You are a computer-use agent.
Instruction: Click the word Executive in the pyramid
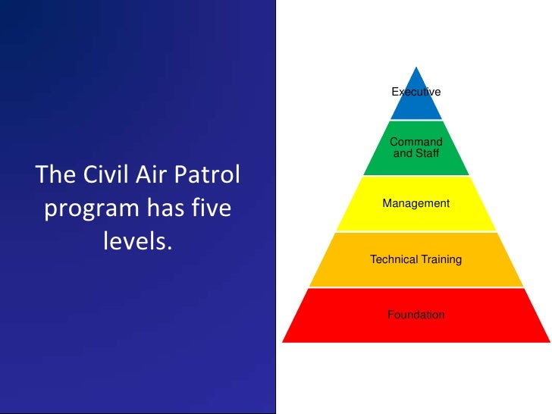tap(416, 92)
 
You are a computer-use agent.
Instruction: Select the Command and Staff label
tap(416, 148)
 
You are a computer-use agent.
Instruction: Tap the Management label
tap(416, 203)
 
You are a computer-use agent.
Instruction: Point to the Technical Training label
tap(416, 259)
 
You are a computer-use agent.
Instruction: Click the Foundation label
tap(416, 315)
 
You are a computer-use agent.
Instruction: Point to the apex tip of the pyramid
tap(416, 67)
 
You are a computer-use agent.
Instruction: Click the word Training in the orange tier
tap(435, 259)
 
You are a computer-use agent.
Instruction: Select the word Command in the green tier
tap(416, 142)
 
